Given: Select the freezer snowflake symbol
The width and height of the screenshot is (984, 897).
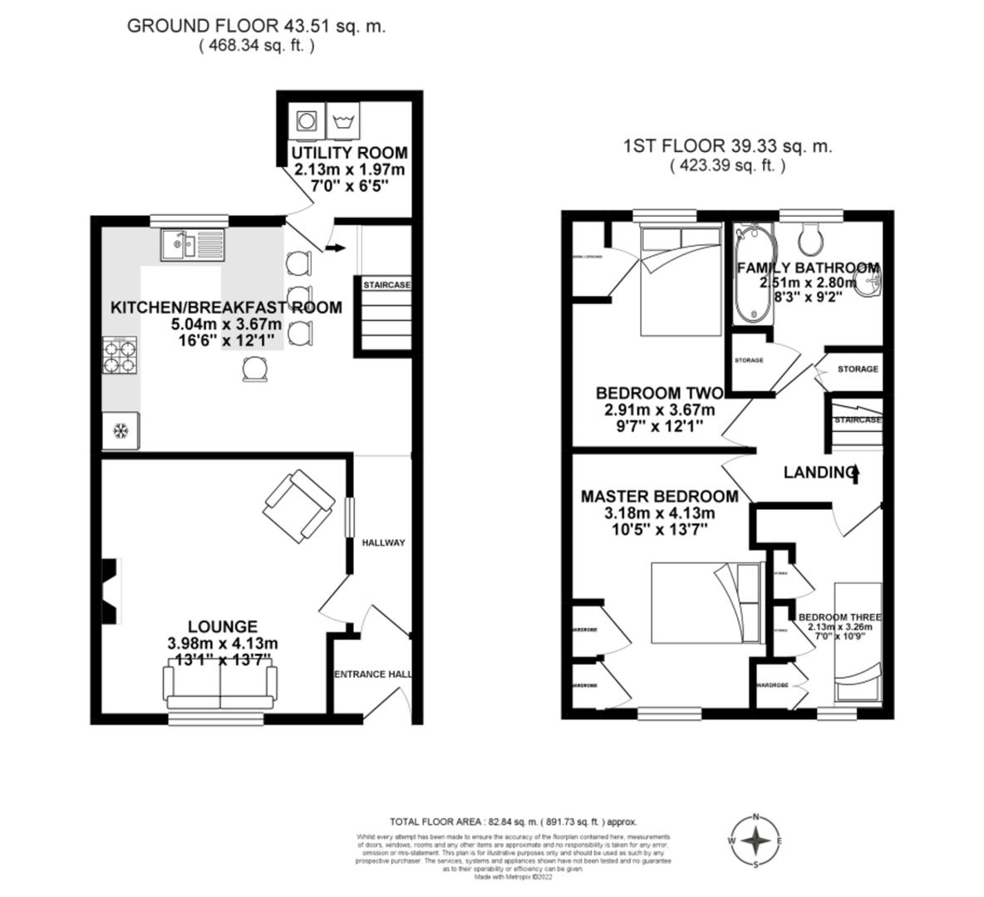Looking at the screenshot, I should (121, 431).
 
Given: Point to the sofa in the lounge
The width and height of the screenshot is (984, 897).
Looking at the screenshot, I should (219, 686).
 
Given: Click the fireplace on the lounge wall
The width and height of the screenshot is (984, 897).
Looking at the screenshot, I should (110, 591).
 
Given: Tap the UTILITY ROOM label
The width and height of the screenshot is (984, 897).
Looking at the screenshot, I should (349, 153).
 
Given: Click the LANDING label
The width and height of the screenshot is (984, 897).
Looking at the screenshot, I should (818, 472).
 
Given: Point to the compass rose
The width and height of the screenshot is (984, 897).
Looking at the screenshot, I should (755, 841).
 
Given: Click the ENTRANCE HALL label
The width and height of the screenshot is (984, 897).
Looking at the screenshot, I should (372, 674).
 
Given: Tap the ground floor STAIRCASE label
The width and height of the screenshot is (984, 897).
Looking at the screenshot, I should (386, 285).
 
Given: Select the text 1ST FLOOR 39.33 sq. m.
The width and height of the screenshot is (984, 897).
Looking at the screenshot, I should (727, 147).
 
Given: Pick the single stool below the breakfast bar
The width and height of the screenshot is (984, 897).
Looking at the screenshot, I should (255, 369).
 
